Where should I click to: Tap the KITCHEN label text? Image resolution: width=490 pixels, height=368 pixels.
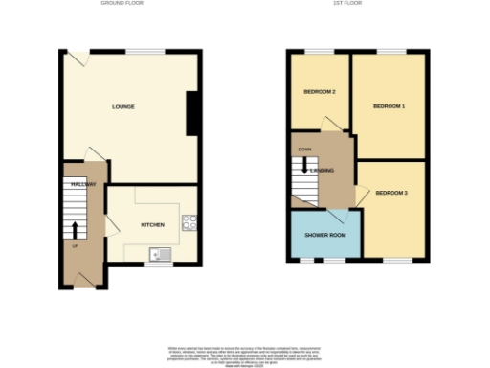coord(153,225)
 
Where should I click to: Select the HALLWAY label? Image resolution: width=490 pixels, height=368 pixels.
coord(83,183)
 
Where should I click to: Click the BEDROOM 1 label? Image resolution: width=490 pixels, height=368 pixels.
coord(389,106)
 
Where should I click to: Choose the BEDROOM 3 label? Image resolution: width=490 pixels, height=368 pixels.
coord(391,194)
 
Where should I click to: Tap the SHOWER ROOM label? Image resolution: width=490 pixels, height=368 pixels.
coord(324,235)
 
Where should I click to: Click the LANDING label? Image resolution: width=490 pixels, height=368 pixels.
coord(323,170)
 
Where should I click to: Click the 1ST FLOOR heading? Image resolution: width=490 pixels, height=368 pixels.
coord(358,4)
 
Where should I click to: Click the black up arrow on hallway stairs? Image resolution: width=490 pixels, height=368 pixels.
coord(75,230)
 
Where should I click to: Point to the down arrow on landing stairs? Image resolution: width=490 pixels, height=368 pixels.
coord(305,164)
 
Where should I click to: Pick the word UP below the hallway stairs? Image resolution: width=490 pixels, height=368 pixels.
coord(74,247)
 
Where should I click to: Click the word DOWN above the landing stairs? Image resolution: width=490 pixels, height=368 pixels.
coord(304,149)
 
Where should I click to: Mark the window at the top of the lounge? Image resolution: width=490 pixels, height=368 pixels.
coord(144,51)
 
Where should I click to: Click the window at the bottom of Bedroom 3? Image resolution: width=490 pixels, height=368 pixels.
coord(398,260)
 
